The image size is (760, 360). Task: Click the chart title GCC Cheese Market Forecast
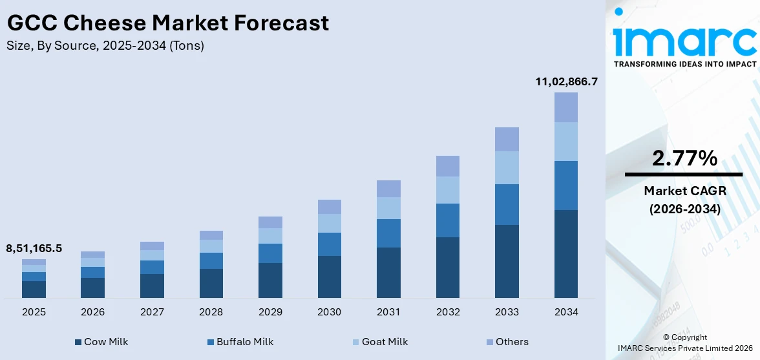pos(168,23)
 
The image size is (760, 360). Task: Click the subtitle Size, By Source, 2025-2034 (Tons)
pos(105,46)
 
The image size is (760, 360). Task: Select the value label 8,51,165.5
pos(34,248)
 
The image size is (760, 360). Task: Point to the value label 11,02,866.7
pos(566,81)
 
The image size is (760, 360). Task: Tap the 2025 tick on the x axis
pos(34,312)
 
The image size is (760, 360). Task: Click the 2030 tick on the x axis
pos(330,312)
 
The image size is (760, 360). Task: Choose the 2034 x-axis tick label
pos(566,312)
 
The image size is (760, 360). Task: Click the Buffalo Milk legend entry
pos(240,342)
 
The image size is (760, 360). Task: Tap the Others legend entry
pos(507,342)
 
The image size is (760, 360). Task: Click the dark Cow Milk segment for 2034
pos(566,253)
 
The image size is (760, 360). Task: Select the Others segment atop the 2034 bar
pos(566,107)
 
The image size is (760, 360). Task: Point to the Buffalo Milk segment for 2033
pos(507,204)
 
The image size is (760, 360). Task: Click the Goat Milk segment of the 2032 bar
pos(448,190)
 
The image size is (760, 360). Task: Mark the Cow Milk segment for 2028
pos(211,283)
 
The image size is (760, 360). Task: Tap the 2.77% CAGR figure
pos(684,158)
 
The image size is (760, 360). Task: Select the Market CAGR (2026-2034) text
pos(684,200)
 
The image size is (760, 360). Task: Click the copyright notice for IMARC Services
pos(684,343)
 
